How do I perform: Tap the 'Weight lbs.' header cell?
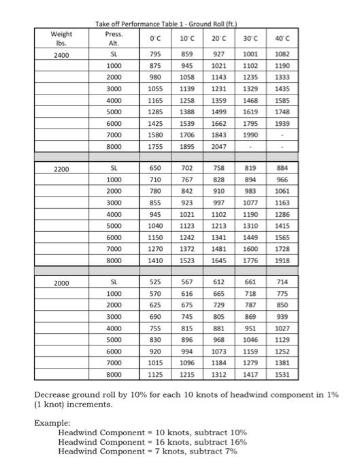pyautogui.click(x=61, y=38)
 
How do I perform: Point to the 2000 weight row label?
pyautogui.click(x=62, y=282)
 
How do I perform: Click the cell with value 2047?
pyautogui.click(x=218, y=147)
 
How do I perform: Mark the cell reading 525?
pyautogui.click(x=156, y=282)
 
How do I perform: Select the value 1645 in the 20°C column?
pyautogui.click(x=218, y=260)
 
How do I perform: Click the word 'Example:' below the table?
pyautogui.click(x=52, y=422)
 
